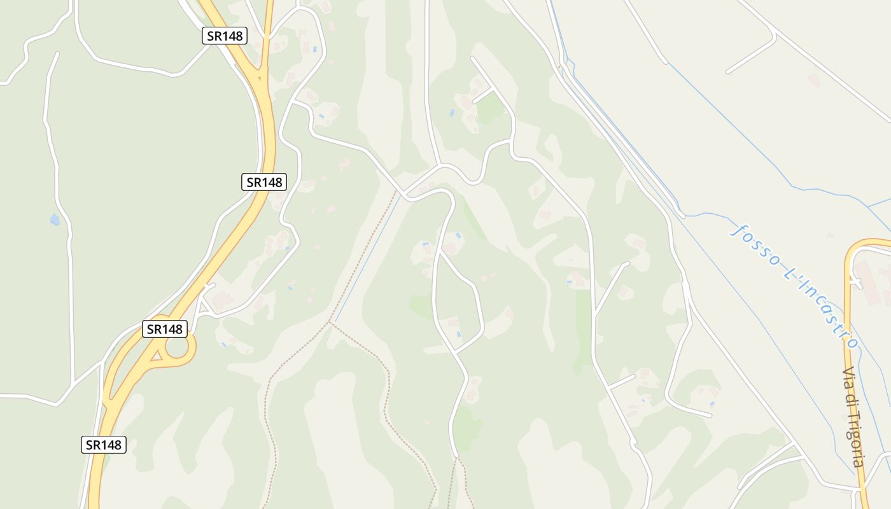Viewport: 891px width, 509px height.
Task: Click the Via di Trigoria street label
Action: [853, 417]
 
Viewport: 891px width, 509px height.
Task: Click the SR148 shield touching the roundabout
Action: [165, 329]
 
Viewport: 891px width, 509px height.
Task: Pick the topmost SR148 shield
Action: [225, 36]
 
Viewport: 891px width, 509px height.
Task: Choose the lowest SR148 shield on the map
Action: [104, 445]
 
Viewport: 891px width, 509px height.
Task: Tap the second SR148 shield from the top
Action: [264, 182]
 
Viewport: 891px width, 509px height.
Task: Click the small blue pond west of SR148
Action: [55, 220]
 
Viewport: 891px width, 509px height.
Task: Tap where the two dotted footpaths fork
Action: [330, 323]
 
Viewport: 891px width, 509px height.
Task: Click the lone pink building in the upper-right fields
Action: [813, 80]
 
